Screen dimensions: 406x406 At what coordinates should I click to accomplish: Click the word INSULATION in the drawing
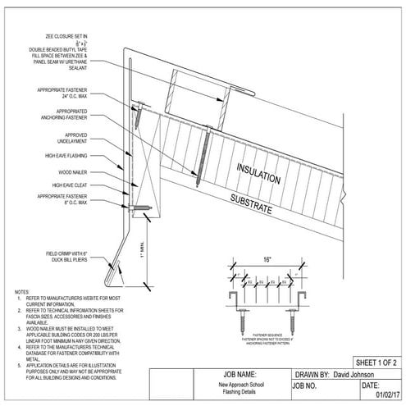[259, 173]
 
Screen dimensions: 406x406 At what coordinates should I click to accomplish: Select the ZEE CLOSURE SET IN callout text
[76, 37]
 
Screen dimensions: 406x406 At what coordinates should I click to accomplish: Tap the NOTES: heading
[23, 292]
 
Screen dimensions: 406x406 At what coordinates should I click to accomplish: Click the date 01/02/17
[385, 393]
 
